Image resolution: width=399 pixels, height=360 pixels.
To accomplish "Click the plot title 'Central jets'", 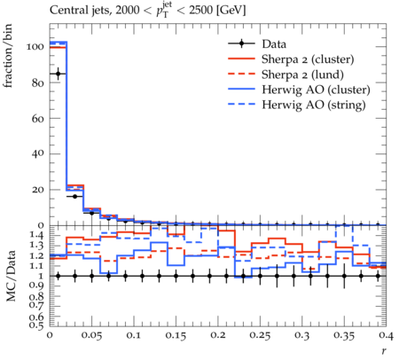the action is (79, 11).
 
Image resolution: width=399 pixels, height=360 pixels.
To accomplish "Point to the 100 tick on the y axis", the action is (35, 47).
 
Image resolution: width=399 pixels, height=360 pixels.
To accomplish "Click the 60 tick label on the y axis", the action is (38, 119).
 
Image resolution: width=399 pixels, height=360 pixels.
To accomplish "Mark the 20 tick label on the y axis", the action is (38, 190).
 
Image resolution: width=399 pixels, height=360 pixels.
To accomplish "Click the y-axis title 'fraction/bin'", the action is (8, 56).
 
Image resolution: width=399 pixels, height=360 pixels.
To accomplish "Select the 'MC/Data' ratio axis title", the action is (11, 277).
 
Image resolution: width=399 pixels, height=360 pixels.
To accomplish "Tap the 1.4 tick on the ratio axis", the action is (37, 236).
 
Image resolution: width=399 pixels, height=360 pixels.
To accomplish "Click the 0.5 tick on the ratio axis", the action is (37, 325).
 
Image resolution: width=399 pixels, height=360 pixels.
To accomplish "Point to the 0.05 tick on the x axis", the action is (91, 335).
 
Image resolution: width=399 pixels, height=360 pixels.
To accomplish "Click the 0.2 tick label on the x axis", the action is (218, 335).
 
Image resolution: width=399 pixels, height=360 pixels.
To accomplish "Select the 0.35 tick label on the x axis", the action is (344, 335).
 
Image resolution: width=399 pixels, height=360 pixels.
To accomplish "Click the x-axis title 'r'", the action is (384, 350).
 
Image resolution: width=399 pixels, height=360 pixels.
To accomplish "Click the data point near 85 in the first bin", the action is (58, 74).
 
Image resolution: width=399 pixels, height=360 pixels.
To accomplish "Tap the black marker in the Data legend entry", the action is (241, 43).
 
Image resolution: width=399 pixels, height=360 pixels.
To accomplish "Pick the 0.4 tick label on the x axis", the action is (387, 335).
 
